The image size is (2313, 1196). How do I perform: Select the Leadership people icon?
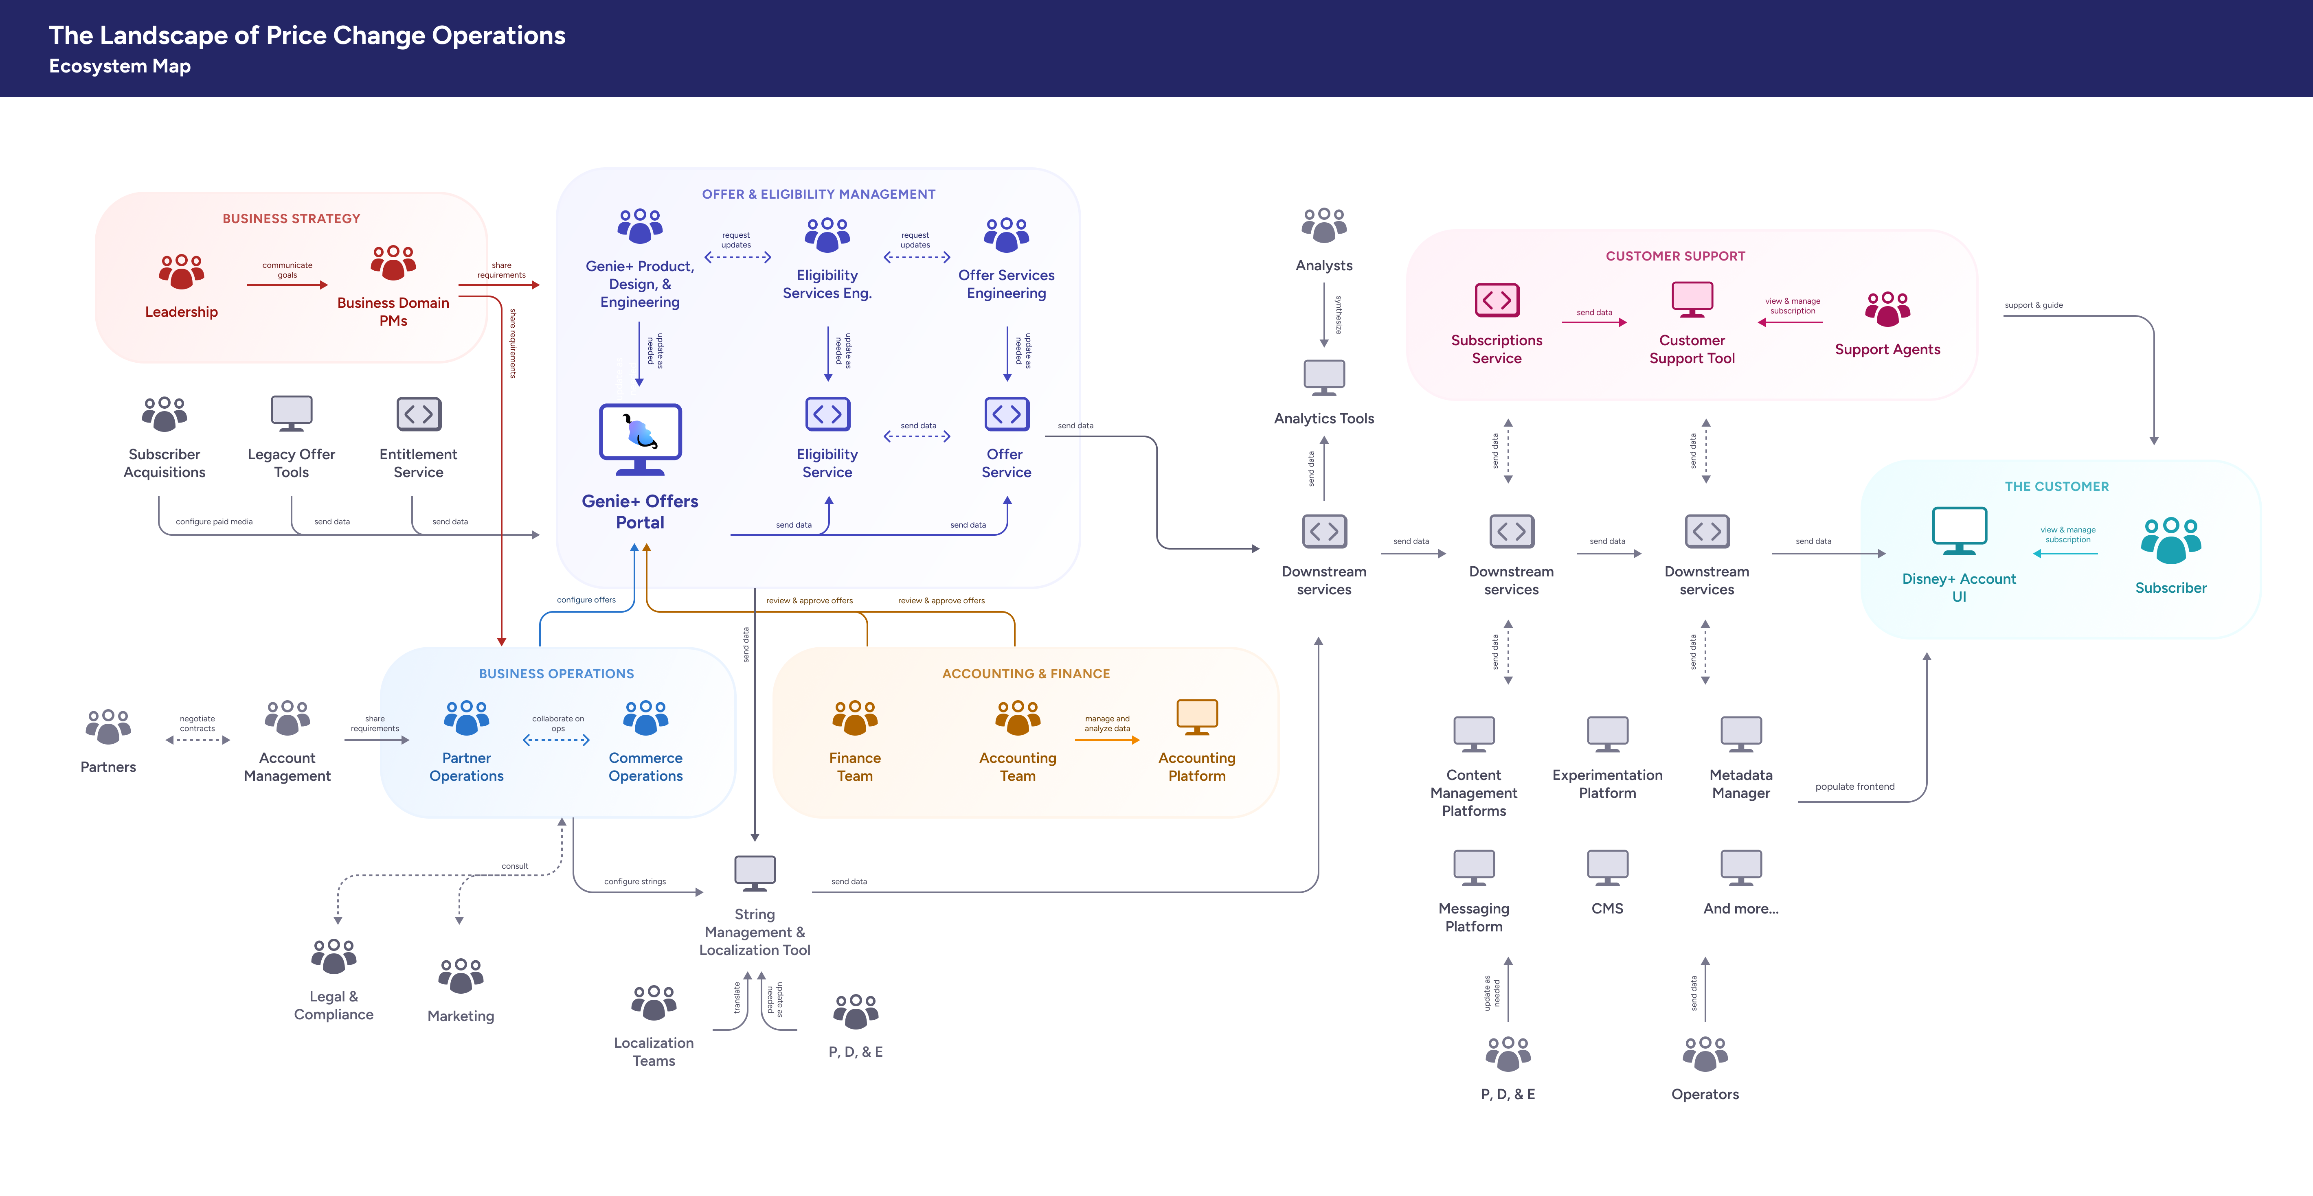tap(181, 271)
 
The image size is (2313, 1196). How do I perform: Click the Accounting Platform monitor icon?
tap(1197, 717)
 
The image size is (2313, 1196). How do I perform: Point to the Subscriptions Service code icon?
tap(1497, 300)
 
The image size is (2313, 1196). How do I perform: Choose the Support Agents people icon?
tap(1887, 309)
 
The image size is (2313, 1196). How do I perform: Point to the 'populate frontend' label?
tap(1854, 786)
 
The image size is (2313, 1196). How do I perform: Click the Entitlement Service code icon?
tap(419, 414)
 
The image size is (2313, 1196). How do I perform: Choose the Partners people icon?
tap(108, 726)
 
